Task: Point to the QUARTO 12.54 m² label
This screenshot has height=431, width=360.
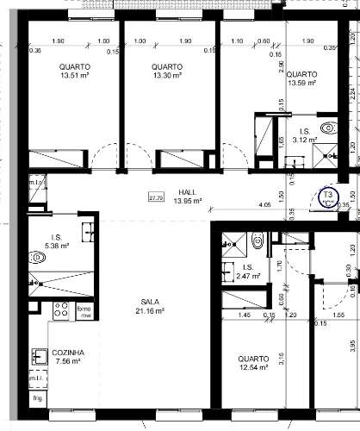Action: click(x=253, y=363)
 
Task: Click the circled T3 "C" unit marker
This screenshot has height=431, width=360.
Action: click(x=328, y=199)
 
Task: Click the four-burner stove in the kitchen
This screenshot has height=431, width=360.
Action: click(x=62, y=311)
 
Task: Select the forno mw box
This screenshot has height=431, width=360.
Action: click(x=84, y=312)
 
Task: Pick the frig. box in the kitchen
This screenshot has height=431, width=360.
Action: click(x=38, y=399)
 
